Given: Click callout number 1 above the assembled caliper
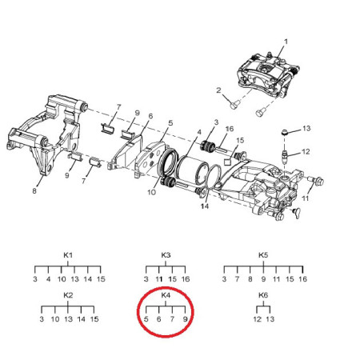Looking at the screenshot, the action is tap(286, 42).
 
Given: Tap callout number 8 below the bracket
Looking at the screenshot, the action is tap(34, 191).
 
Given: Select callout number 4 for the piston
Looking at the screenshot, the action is tap(199, 132).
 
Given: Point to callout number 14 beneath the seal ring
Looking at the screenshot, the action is tap(205, 206).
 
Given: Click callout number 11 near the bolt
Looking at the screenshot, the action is tap(305, 198).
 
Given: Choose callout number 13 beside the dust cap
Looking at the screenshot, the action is tap(306, 129).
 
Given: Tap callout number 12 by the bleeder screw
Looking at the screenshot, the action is tap(306, 152).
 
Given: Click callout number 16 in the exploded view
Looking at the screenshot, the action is tap(230, 129).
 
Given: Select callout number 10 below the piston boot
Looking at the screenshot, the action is tap(151, 192).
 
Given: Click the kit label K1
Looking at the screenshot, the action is tap(68, 255).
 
